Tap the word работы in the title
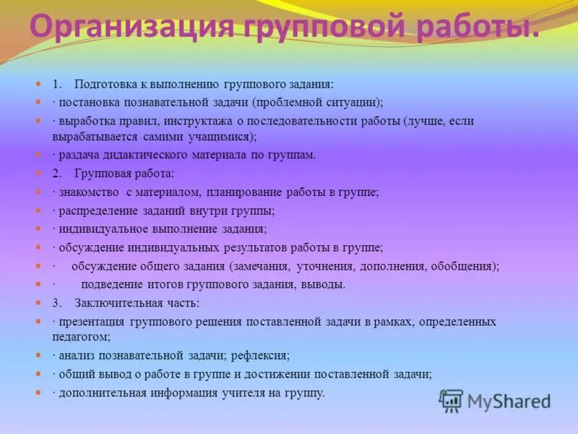(480, 28)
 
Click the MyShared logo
(496, 401)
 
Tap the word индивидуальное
(102, 229)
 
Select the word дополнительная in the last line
(101, 393)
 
